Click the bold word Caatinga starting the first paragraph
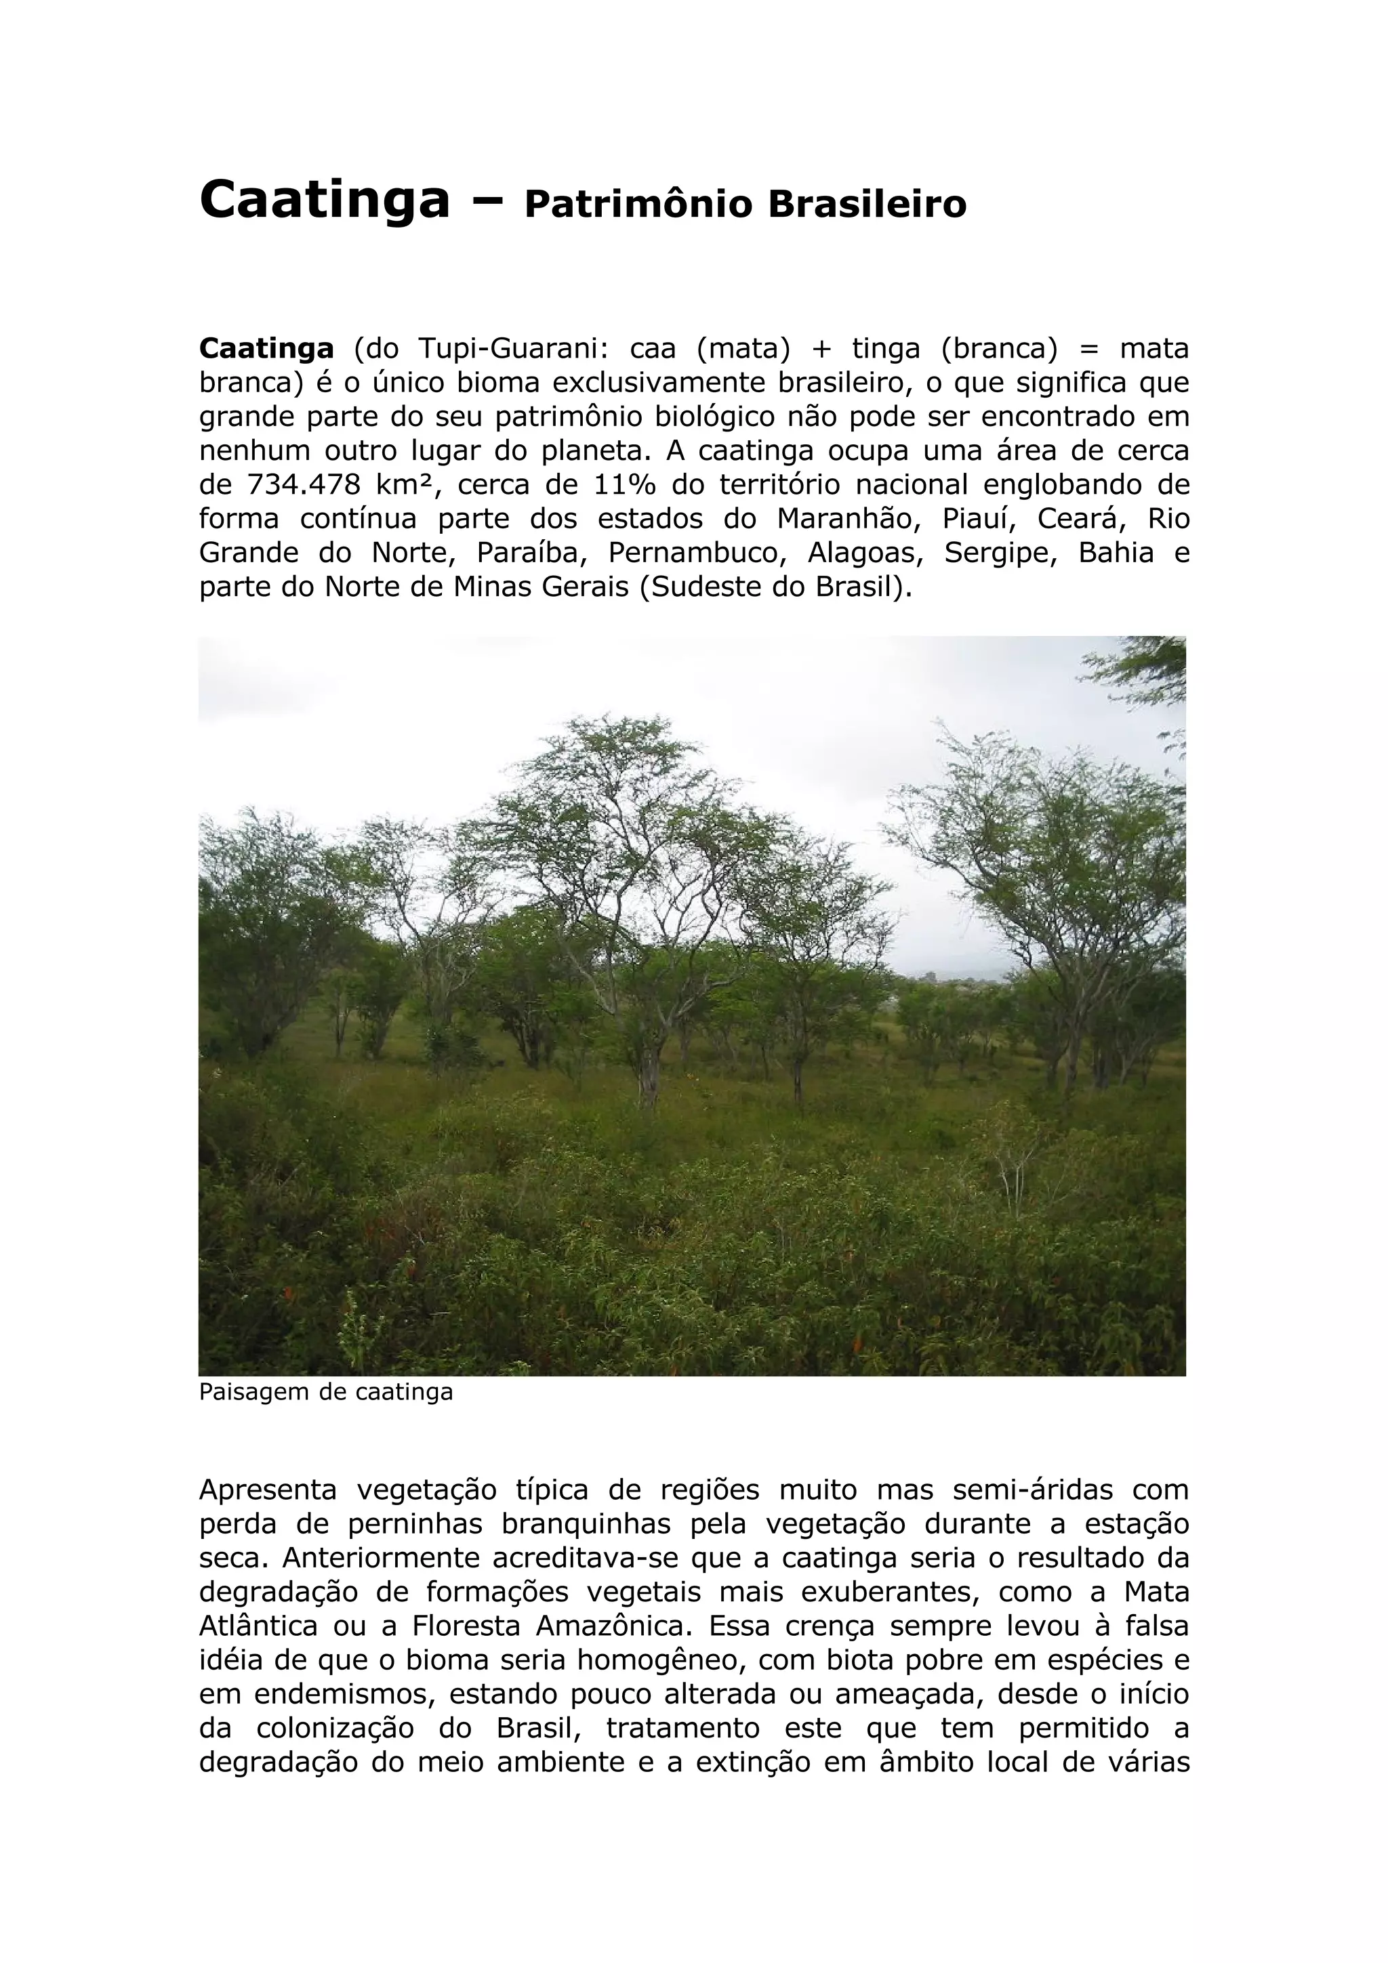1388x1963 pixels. click(266, 349)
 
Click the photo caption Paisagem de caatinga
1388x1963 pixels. click(326, 1392)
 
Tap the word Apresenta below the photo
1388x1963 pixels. click(268, 1490)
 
